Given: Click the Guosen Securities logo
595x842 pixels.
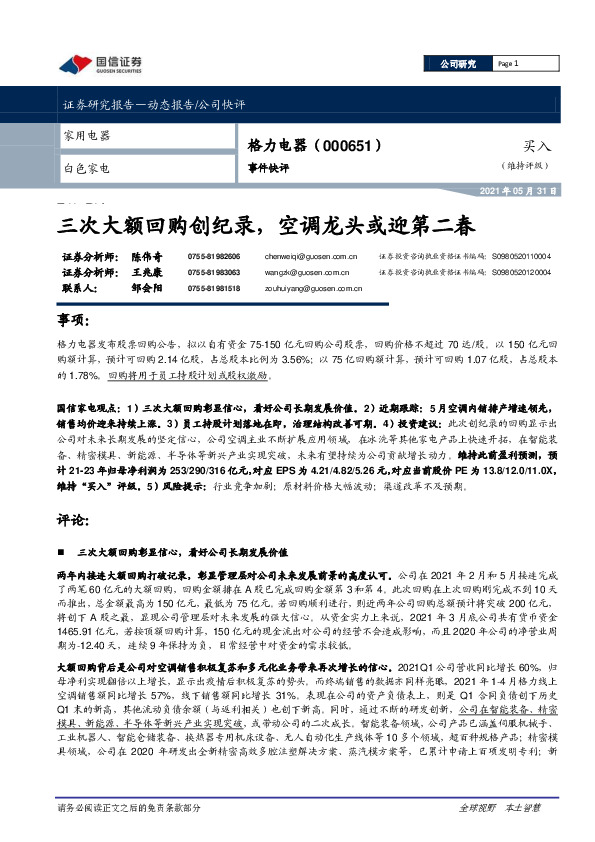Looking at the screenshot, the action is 99,65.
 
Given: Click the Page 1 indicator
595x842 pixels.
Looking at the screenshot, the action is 510,63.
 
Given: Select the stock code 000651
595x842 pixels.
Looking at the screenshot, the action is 349,146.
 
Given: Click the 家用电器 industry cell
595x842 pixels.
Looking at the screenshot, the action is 87,135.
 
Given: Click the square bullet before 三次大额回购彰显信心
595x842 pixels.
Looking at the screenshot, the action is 65,551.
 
